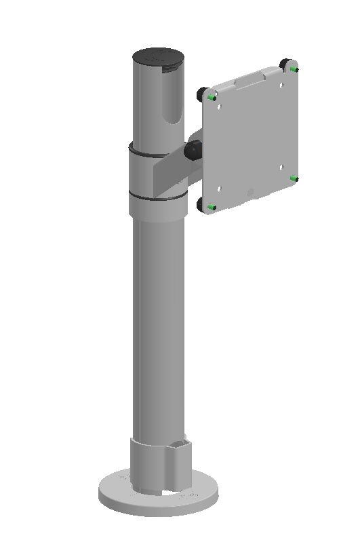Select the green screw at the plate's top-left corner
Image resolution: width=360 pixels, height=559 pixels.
[x=212, y=98]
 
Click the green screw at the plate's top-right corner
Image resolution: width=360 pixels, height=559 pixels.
[x=293, y=69]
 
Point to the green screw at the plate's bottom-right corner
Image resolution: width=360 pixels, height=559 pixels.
[x=294, y=178]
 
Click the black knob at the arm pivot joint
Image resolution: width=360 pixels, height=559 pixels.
[x=193, y=150]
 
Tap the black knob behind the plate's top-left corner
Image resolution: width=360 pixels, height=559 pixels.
[x=203, y=93]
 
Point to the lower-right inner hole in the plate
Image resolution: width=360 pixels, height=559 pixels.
[x=280, y=167]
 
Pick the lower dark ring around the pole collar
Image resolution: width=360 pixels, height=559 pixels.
[x=156, y=199]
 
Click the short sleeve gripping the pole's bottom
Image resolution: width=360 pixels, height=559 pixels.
[x=159, y=465]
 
